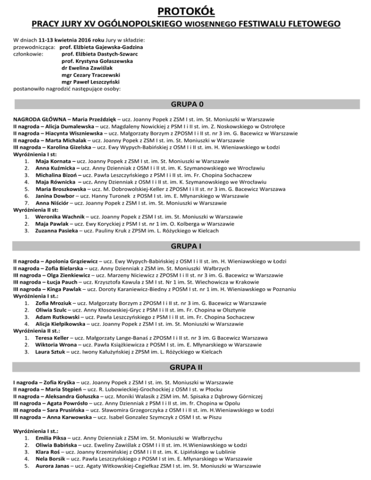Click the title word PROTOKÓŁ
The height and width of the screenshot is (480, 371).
click(x=185, y=10)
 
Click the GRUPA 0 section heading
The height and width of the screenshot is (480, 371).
click(x=185, y=104)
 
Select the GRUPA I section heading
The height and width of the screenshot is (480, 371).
click(x=185, y=247)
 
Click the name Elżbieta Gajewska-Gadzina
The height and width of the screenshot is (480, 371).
click(x=101, y=47)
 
